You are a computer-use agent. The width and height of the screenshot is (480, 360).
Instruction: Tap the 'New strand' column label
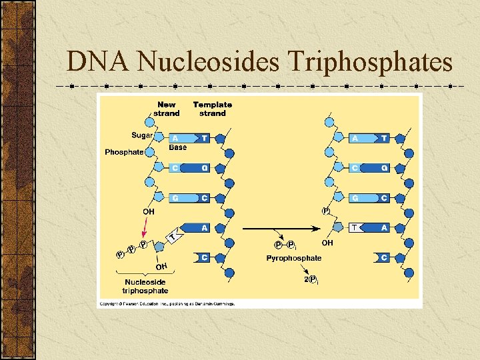pos(167,109)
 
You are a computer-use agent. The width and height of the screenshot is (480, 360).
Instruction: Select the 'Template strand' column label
pos(213,109)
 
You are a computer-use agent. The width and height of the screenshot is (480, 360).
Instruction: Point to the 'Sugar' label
pos(142,135)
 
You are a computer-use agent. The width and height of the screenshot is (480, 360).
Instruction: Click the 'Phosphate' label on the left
pos(124,152)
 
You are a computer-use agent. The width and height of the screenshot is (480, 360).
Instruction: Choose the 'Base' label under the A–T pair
pos(178,147)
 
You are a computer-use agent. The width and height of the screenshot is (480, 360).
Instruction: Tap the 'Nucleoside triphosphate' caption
pos(146,287)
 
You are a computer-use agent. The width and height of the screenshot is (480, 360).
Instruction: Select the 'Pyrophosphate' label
pos(293,258)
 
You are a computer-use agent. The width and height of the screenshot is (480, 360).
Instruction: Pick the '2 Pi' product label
pos(311,280)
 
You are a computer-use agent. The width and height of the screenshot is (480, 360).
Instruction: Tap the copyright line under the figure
pos(167,303)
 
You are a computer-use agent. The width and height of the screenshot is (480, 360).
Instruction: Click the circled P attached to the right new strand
pos(326,211)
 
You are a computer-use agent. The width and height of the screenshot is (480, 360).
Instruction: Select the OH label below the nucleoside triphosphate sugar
pos(161,267)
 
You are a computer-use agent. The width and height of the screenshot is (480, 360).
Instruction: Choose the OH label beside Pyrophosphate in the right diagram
pos(328,243)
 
